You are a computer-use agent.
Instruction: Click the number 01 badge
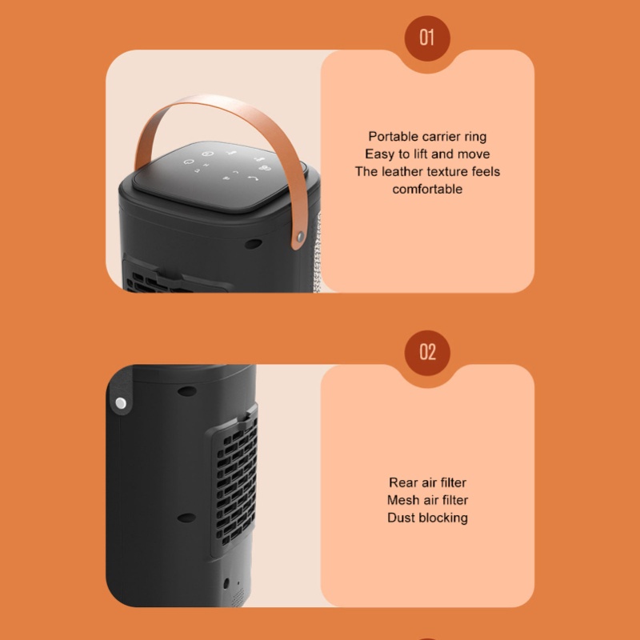(427, 38)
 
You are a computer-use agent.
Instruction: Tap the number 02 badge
(427, 352)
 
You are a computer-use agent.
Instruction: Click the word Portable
(393, 136)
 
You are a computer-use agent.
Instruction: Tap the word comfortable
(427, 189)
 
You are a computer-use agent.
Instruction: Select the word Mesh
(402, 500)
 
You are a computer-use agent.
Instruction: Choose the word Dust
(400, 518)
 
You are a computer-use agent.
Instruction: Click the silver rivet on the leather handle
(301, 236)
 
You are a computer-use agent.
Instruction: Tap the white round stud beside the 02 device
(121, 403)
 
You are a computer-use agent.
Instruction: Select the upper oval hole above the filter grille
(187, 391)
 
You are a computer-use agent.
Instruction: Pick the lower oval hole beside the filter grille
(187, 518)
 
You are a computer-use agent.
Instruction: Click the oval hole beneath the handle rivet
(253, 244)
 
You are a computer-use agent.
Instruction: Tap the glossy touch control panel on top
(218, 174)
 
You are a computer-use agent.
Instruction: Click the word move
(474, 154)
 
